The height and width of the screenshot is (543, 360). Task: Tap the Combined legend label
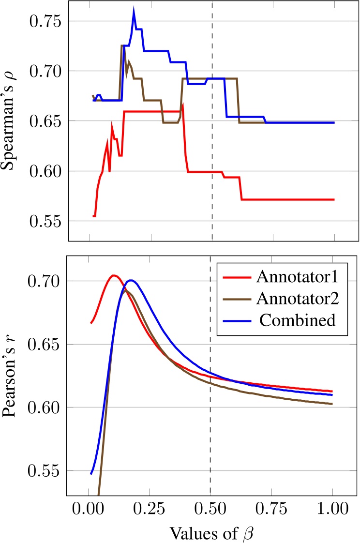point(303,319)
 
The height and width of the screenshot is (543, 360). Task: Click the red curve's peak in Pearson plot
point(114,275)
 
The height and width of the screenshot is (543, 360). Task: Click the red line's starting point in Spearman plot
point(93,216)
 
